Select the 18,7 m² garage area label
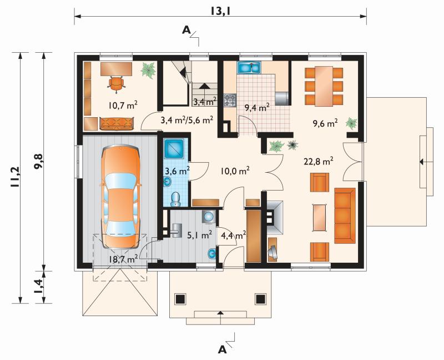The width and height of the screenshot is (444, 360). coord(123,259)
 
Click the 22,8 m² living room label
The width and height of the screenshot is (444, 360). coord(318,162)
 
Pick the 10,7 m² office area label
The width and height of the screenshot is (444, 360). coord(123,106)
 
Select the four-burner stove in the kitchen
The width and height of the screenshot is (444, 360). coord(230,100)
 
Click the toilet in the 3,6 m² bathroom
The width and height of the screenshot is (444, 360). coord(176,199)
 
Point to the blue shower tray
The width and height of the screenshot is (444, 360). coord(174,148)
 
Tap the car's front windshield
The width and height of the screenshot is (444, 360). coord(120,181)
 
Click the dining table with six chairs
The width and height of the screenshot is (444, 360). coord(324,86)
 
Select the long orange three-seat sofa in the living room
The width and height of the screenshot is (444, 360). coord(345,216)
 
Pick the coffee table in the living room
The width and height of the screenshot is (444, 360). coord(319,217)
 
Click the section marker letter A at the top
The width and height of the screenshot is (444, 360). coord(186,29)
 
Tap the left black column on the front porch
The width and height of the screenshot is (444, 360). coord(180,299)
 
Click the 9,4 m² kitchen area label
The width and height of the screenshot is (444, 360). coord(257,108)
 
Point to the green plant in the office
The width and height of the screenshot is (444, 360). coord(148,70)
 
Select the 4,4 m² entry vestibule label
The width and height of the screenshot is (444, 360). coord(233,234)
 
